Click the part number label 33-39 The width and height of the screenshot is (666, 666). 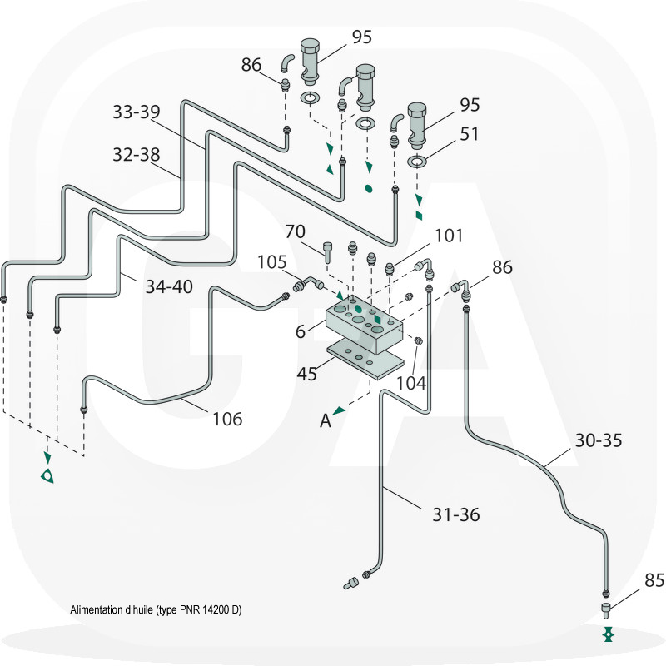136,112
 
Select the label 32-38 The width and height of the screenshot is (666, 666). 136,154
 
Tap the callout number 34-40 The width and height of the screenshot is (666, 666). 169,286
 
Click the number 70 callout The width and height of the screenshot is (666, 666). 296,231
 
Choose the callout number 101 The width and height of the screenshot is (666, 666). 449,236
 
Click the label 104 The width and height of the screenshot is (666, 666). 411,383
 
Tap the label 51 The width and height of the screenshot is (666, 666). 470,133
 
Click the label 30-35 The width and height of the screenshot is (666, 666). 599,440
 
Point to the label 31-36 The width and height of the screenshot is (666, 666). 455,514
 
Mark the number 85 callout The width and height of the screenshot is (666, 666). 655,579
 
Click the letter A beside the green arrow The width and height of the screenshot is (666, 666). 326,421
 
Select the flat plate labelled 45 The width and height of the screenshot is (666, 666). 365,360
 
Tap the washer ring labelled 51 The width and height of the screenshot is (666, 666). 417,161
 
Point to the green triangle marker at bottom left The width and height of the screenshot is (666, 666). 48,475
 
